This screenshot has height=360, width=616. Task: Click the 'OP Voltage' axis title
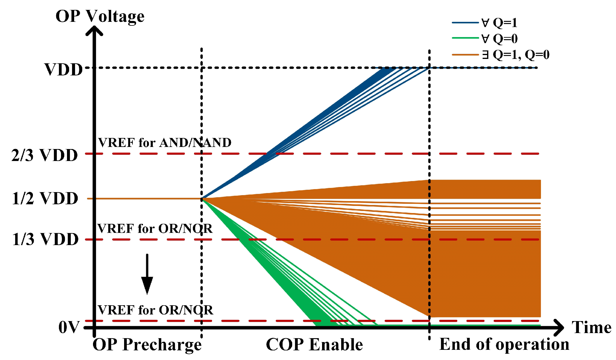(100, 16)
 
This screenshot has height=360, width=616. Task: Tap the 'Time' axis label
(591, 327)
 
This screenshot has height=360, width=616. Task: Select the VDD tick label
(63, 69)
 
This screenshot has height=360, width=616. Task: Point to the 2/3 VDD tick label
(45, 155)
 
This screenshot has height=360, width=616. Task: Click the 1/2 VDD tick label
(45, 198)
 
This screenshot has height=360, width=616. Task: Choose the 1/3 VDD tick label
(45, 239)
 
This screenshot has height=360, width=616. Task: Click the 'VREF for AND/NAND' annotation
(165, 143)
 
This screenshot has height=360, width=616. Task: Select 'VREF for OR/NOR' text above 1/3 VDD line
(155, 229)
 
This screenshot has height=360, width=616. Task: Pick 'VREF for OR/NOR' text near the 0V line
(155, 310)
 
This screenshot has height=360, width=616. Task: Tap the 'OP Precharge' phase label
(147, 344)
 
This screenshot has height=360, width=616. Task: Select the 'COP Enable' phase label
(314, 344)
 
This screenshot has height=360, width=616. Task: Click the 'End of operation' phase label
(504, 344)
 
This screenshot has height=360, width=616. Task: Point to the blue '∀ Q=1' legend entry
(499, 23)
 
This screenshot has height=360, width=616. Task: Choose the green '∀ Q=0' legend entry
(499, 39)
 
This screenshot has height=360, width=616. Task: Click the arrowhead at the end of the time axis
(559, 327)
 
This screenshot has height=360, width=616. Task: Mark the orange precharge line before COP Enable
(147, 198)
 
